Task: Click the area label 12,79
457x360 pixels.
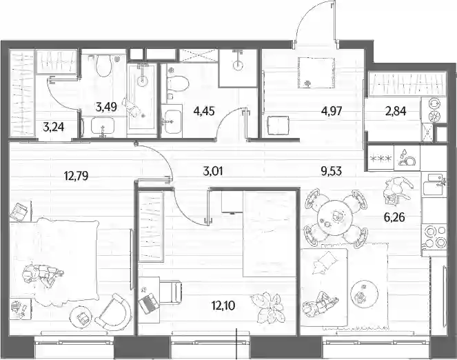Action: point(76,176)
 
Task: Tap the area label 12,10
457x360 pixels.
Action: point(223,306)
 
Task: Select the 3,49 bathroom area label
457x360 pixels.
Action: point(106,107)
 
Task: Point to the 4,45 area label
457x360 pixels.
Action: point(204,111)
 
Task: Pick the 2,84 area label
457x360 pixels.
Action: point(395,111)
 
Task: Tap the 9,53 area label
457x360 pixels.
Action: point(331,172)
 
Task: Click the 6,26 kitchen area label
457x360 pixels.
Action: point(394,217)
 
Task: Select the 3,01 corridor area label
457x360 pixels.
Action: point(213,172)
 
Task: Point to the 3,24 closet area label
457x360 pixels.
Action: point(53,128)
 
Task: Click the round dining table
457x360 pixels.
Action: point(335,217)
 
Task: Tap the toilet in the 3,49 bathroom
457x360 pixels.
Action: point(103,66)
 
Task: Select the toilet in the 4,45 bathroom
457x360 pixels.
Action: point(177,83)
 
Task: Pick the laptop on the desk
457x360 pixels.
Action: point(149,303)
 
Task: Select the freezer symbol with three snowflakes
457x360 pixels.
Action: point(380,159)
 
